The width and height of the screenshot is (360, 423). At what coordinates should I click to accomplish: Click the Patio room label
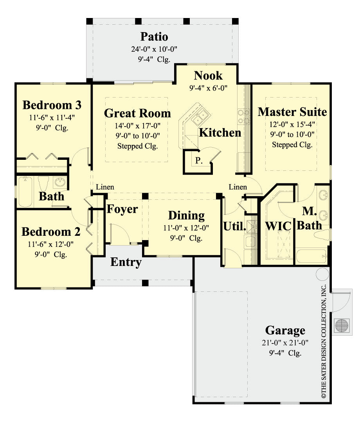point(154,37)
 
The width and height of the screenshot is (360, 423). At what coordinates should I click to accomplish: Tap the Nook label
point(208,75)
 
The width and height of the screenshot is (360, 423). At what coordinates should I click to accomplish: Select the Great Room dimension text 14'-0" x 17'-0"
point(137,126)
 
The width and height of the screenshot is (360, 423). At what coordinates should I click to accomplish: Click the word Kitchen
point(220,132)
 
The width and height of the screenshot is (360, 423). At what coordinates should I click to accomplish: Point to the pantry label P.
point(199,160)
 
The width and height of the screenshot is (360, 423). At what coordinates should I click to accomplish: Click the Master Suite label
point(292,112)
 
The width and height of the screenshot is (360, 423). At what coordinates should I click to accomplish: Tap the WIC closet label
point(278,226)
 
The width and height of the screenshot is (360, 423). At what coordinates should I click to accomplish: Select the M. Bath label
point(312,218)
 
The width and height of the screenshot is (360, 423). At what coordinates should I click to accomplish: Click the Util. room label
point(234,226)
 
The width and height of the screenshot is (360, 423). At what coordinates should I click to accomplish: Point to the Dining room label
point(186,215)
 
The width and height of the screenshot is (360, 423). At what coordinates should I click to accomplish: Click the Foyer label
point(122,209)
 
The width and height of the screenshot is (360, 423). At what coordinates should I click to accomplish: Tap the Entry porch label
point(126,262)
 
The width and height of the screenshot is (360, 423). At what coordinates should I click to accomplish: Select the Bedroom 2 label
point(51,232)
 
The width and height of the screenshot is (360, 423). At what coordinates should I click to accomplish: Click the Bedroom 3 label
point(52,105)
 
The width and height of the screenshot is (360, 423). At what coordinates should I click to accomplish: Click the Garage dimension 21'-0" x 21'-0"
point(285,343)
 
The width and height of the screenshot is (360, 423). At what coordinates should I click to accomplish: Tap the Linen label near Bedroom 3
point(105,187)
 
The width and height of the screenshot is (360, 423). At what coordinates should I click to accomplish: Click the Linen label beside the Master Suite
point(238,187)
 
